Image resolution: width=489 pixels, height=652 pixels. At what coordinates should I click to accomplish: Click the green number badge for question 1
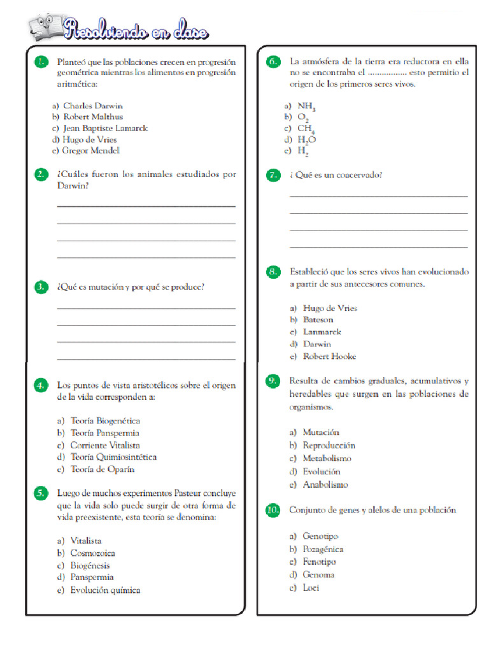(41, 62)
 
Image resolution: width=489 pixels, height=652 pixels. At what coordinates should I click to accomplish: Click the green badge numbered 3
(41, 287)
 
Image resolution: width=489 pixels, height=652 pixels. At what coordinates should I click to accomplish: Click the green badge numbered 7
(273, 174)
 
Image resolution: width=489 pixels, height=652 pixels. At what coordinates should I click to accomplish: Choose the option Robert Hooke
(329, 357)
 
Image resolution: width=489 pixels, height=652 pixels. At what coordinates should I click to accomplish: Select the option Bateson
(318, 320)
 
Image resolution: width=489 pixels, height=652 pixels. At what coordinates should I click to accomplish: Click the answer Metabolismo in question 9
(327, 458)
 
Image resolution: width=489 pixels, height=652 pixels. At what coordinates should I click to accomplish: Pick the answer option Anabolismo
(325, 485)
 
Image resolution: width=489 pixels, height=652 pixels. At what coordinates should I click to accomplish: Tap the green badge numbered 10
(273, 510)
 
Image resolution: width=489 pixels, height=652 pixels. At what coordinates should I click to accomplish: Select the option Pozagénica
(323, 549)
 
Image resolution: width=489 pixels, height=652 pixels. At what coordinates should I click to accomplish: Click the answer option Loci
(311, 588)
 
